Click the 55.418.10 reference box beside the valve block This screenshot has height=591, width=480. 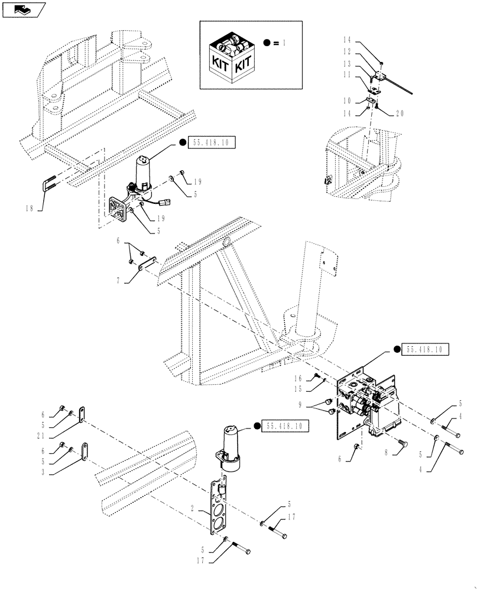point(424,350)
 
